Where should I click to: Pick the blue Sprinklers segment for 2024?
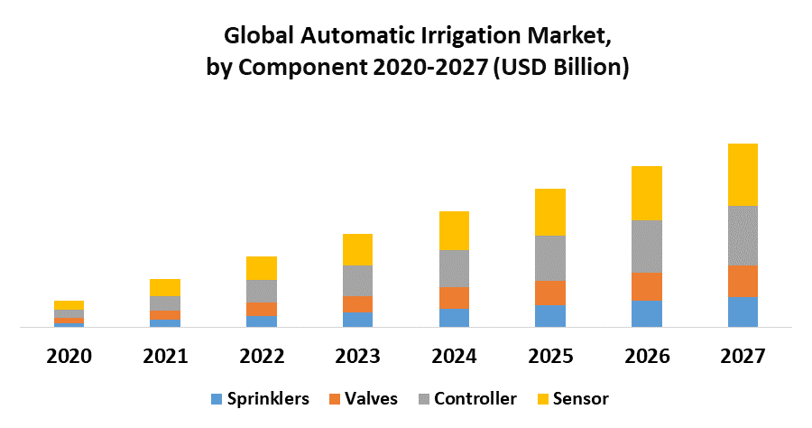click(454, 317)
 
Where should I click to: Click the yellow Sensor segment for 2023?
click(357, 249)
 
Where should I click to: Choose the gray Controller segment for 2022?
click(262, 291)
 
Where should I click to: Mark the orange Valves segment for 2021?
click(165, 314)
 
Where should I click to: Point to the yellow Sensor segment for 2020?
click(69, 305)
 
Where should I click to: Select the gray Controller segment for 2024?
click(454, 268)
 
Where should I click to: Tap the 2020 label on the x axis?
click(69, 356)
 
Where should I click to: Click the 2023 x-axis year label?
click(357, 356)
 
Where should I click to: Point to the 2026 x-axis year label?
click(646, 356)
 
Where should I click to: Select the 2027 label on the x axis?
click(743, 356)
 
